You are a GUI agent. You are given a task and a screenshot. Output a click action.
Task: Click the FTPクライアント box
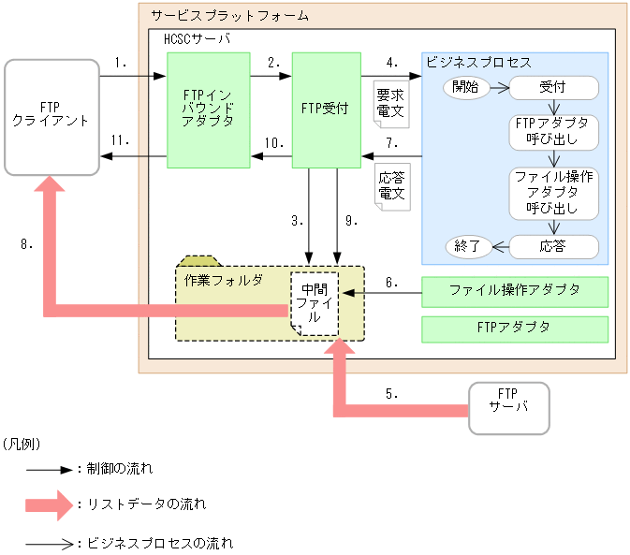[x=52, y=117]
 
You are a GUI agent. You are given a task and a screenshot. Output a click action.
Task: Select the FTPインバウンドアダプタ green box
[x=209, y=110]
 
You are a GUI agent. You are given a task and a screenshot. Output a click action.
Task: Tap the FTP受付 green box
[x=326, y=110]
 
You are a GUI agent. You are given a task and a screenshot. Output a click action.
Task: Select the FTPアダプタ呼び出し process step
[x=553, y=133]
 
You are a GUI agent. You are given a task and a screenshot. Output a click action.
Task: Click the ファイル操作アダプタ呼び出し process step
[x=553, y=193]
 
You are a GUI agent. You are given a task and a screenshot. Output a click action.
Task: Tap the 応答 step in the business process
[x=553, y=247]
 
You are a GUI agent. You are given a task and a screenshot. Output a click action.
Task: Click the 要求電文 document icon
[x=390, y=102]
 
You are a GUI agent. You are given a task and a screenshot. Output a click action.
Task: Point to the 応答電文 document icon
[x=390, y=185]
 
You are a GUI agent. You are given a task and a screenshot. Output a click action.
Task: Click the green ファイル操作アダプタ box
[x=515, y=291]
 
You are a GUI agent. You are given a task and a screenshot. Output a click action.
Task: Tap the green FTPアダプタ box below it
[x=515, y=329]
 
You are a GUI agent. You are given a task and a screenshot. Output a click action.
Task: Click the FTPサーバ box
[x=508, y=407]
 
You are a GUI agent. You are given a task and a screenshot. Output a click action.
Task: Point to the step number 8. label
[x=27, y=245]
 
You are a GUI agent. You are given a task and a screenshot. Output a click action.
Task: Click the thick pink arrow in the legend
[x=49, y=505]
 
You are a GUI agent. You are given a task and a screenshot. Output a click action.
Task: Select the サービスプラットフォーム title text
[x=229, y=17]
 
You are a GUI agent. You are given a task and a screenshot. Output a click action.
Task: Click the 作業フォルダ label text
[x=222, y=280]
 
